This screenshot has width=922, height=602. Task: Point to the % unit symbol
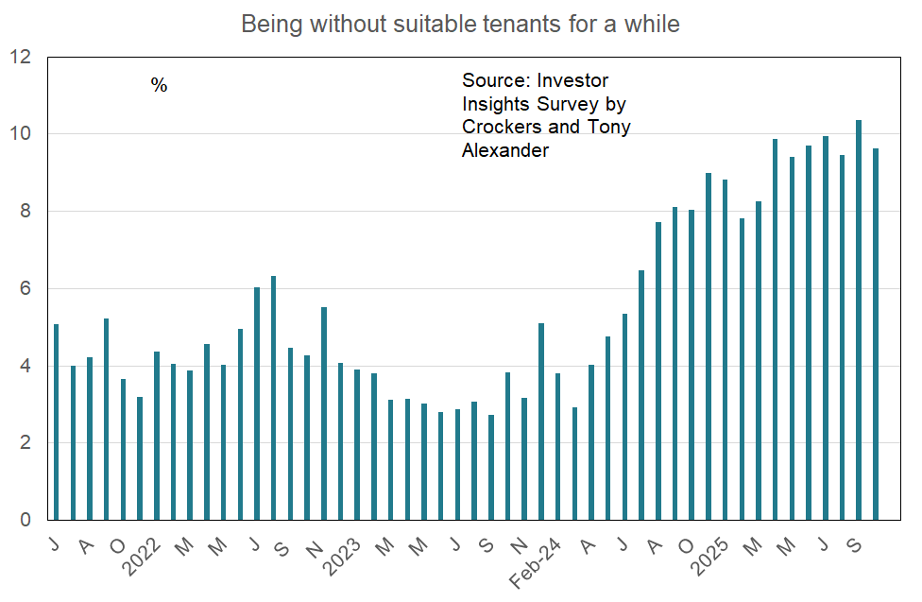pyautogui.click(x=159, y=86)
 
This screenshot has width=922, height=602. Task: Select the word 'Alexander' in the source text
pyautogui.click(x=504, y=150)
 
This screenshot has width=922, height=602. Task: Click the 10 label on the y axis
pyautogui.click(x=20, y=134)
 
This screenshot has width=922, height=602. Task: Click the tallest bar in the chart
pyautogui.click(x=859, y=320)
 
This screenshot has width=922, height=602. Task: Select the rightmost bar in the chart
pyautogui.click(x=876, y=335)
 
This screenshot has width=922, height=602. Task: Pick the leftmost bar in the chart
pyautogui.click(x=57, y=422)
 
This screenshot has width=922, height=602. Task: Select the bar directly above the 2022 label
pyautogui.click(x=157, y=436)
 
